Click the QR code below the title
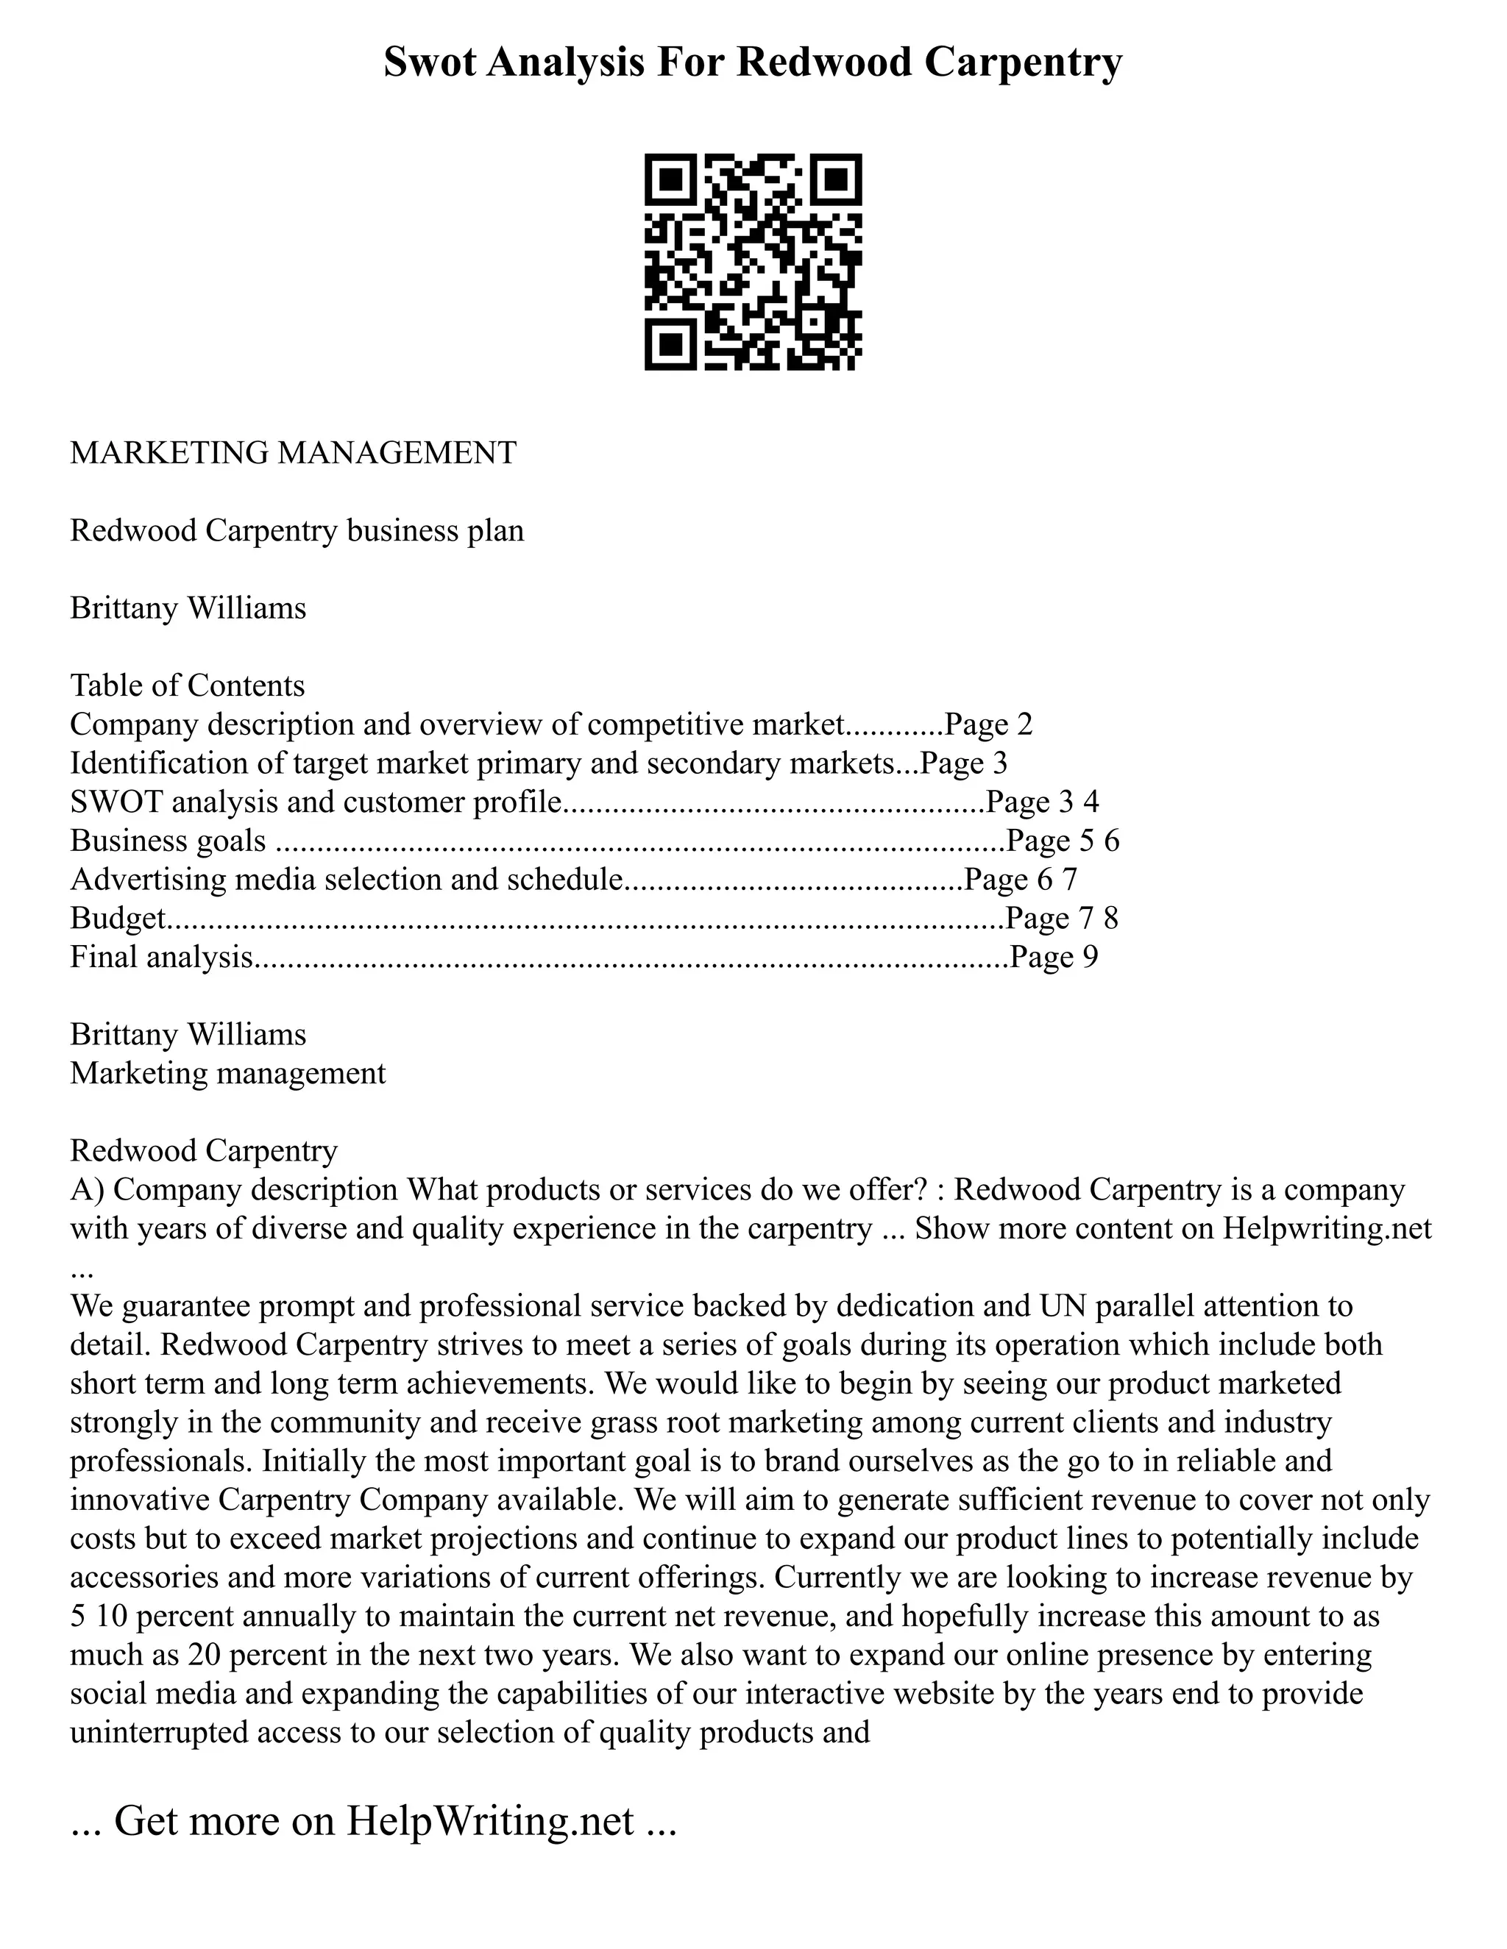point(753,262)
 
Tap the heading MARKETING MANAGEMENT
point(293,452)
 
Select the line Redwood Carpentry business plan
point(297,530)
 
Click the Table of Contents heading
point(188,685)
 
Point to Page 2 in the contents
point(988,724)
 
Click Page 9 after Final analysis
point(1054,957)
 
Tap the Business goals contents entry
point(168,840)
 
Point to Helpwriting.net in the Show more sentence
point(1327,1229)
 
